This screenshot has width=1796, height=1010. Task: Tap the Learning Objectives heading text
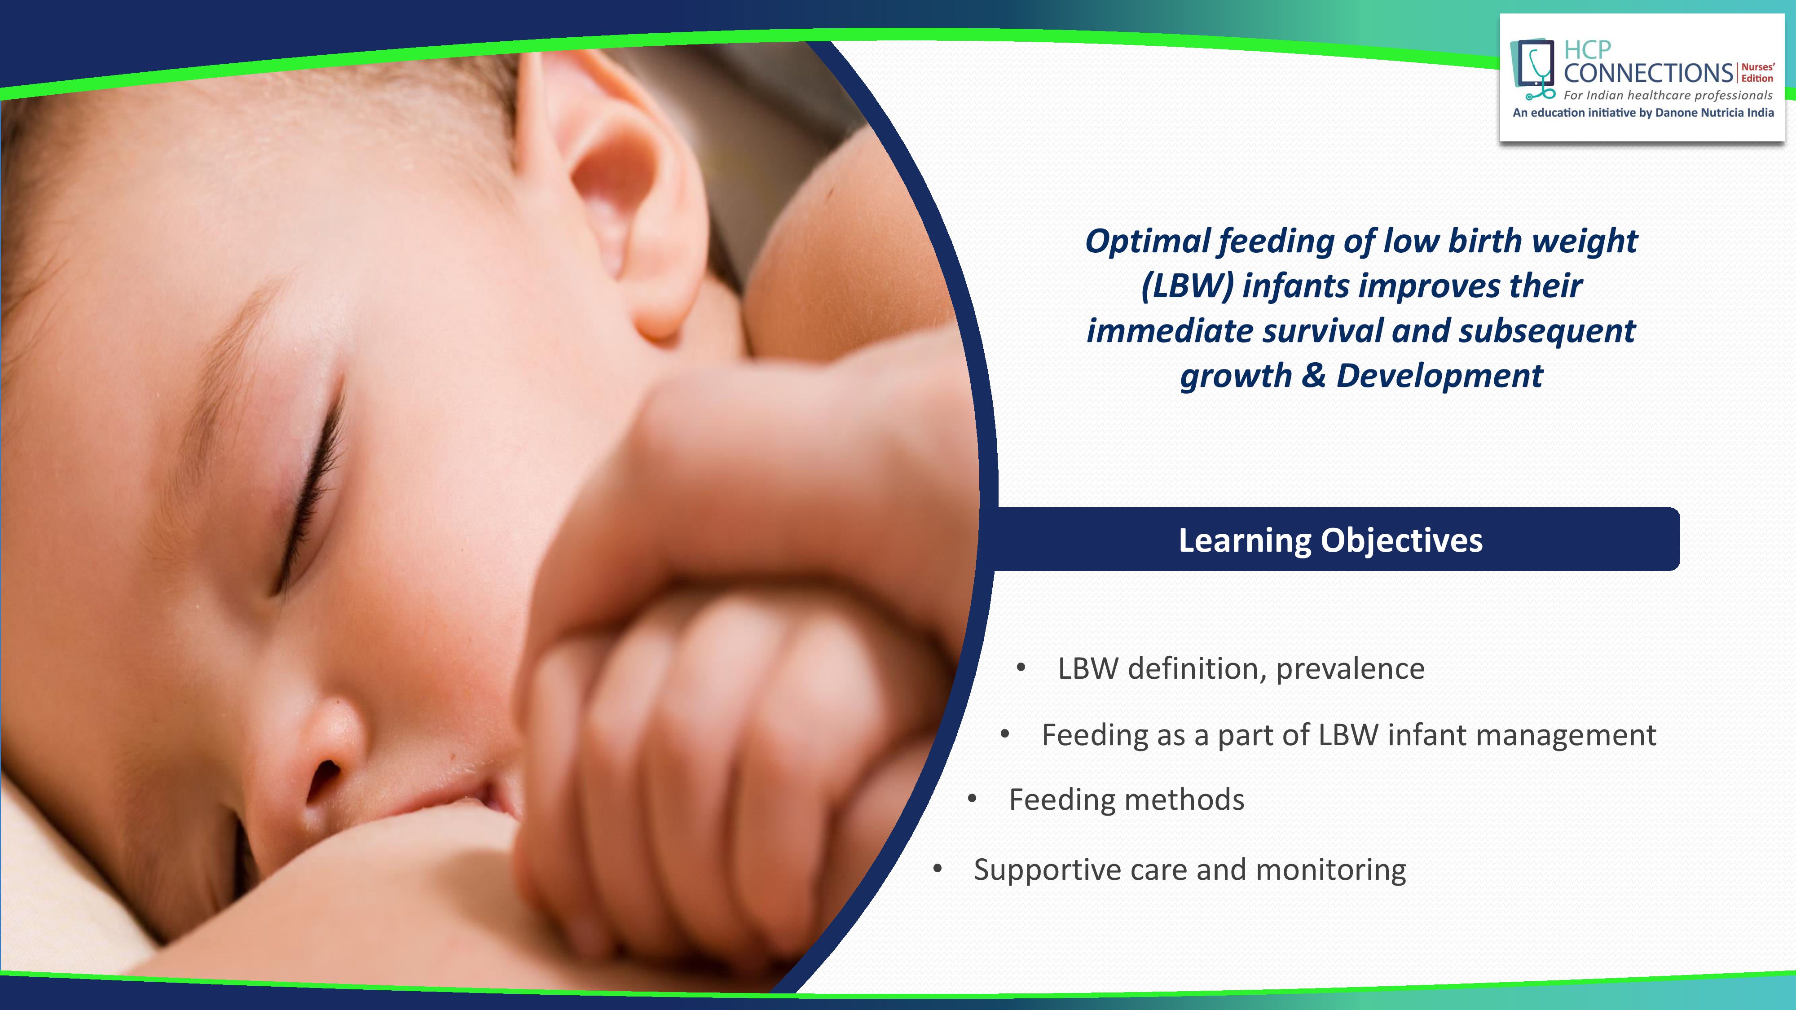(1330, 540)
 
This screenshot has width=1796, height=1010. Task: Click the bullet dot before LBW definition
(1021, 668)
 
